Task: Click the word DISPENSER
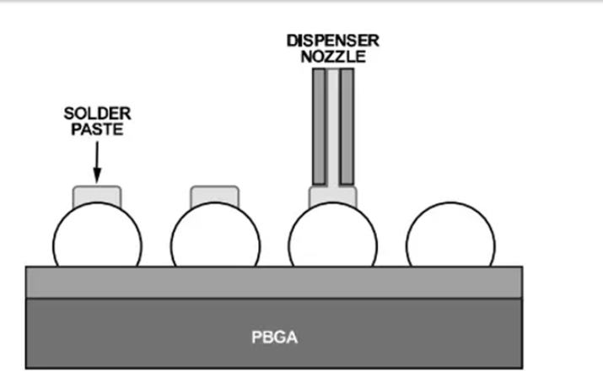(332, 40)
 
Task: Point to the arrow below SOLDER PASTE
(97, 160)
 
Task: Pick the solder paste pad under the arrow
(97, 196)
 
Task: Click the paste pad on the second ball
(215, 196)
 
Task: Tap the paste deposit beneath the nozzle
(332, 197)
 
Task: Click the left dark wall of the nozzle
(319, 127)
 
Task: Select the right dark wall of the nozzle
(347, 127)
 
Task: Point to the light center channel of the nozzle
(332, 127)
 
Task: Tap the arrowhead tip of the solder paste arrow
(97, 180)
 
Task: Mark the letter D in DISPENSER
(291, 40)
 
